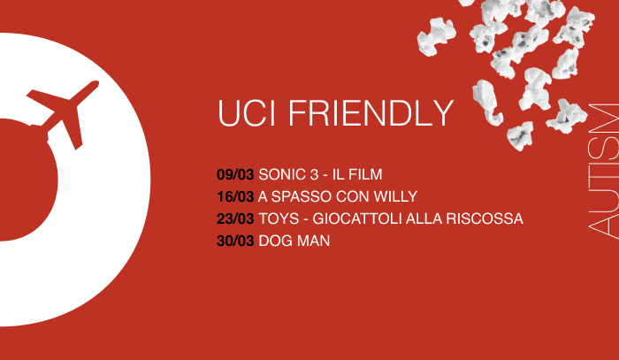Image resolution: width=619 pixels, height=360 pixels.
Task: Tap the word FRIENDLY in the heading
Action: coord(371,113)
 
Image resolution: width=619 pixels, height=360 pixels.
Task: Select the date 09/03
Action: coord(235,174)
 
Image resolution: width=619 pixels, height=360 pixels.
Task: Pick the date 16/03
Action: coord(235,196)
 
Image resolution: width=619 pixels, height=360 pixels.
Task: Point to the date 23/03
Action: coord(235,218)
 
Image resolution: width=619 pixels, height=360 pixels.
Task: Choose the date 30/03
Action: coord(235,241)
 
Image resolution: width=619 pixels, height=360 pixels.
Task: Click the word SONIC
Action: coord(282,174)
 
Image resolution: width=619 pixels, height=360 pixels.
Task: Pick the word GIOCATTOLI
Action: coord(357,218)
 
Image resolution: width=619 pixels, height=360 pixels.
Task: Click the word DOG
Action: coord(273,241)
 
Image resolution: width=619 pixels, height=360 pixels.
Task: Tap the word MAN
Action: coord(311,241)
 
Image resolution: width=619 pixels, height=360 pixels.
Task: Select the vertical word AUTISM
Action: coord(603,171)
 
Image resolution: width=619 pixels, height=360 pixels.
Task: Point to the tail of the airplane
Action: coord(35,95)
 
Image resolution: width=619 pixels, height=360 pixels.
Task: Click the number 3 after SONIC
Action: coord(314,174)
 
